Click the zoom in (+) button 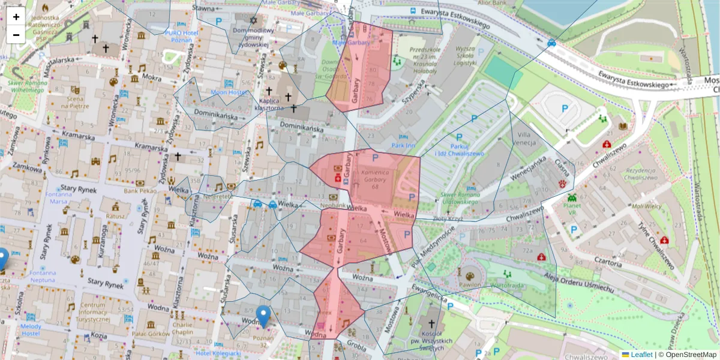[x=16, y=17]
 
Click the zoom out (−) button [x=16, y=35]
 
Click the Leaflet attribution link [x=641, y=355]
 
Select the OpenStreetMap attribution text [x=689, y=355]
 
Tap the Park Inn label [x=403, y=145]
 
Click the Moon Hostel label [x=228, y=92]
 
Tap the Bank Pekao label [x=140, y=191]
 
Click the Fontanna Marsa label [x=58, y=198]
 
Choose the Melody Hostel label [x=31, y=329]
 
